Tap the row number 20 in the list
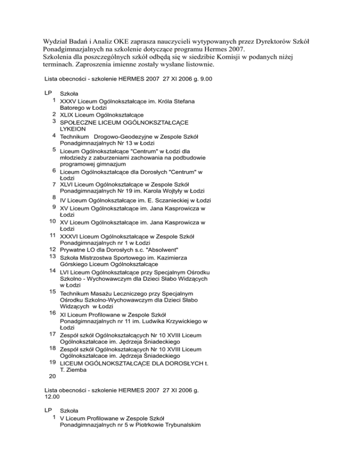[x=52, y=376]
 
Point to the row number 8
[x=54, y=198]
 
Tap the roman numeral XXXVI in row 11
[x=73, y=236]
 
